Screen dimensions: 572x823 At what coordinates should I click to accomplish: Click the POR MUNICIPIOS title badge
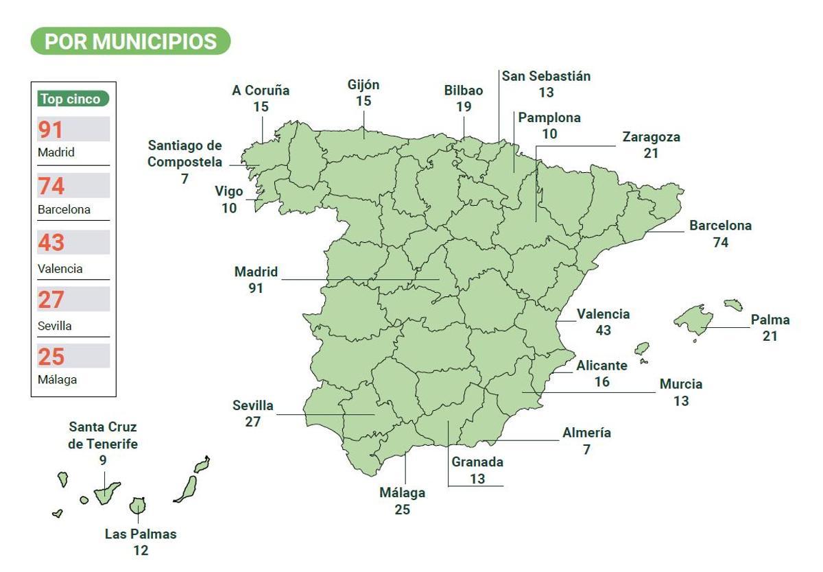click(x=130, y=42)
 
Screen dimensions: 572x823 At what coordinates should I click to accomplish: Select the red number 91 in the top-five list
click(x=51, y=130)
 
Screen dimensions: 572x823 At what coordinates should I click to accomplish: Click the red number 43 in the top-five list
click(x=51, y=243)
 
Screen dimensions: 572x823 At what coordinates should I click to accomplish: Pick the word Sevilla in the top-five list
click(x=55, y=326)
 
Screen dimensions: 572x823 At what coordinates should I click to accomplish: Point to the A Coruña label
click(x=261, y=91)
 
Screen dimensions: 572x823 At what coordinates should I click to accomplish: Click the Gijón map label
click(x=363, y=85)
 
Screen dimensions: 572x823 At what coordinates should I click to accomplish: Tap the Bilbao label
click(x=464, y=91)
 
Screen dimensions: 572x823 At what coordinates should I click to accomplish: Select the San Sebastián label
click(x=546, y=76)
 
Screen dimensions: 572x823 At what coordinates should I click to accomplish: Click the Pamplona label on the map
click(x=549, y=118)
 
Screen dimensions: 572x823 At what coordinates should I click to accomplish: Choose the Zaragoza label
click(x=651, y=137)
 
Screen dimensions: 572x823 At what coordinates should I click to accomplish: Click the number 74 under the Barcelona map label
click(x=720, y=242)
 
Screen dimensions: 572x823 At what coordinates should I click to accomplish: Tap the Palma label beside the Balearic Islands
click(x=770, y=320)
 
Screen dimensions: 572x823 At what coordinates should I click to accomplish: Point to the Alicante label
click(x=601, y=366)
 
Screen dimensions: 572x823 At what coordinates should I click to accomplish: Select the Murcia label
click(x=681, y=384)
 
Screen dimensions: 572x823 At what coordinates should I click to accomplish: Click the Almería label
click(x=586, y=433)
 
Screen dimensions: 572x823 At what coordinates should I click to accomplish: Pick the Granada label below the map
click(x=477, y=462)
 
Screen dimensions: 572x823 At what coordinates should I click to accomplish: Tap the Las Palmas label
click(x=141, y=534)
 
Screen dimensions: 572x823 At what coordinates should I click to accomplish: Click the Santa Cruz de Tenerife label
click(x=103, y=435)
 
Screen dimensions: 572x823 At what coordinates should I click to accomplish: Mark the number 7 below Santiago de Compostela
click(x=185, y=179)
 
